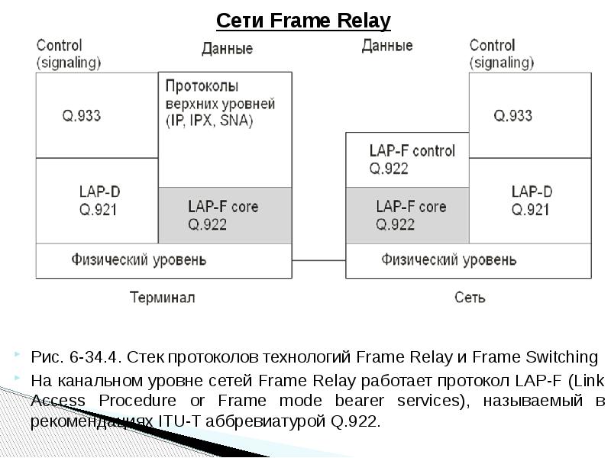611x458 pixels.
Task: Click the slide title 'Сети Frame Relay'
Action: click(x=303, y=21)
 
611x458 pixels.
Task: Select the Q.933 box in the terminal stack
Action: click(x=97, y=116)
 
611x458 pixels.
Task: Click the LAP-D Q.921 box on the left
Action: click(x=97, y=200)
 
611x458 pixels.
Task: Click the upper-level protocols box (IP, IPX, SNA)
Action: click(x=225, y=114)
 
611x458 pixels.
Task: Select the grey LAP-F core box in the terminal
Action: click(x=225, y=215)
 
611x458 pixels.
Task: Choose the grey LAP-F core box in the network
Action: click(x=406, y=215)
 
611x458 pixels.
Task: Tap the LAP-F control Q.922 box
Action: click(x=406, y=160)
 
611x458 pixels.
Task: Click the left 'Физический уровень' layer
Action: click(x=163, y=260)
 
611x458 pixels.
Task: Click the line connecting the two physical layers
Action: click(x=318, y=261)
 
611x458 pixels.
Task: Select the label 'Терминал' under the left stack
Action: click(x=162, y=297)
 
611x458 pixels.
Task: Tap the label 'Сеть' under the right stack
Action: click(x=469, y=297)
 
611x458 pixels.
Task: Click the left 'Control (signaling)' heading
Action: click(x=69, y=53)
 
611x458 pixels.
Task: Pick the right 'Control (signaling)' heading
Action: click(x=502, y=53)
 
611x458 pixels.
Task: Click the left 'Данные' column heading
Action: click(x=227, y=49)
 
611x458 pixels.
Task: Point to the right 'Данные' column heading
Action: click(x=386, y=46)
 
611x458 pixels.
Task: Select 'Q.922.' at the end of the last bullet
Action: click(x=357, y=421)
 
